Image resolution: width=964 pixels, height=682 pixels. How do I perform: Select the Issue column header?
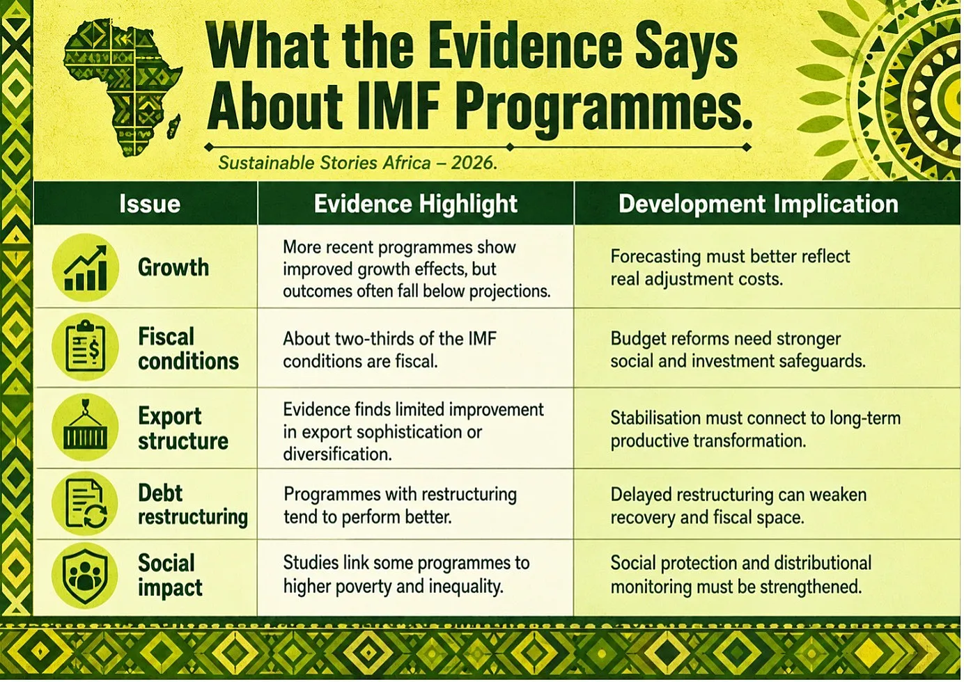[150, 203]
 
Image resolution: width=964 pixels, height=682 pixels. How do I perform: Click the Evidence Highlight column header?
[415, 203]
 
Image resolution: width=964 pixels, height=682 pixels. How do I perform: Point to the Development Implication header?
[759, 203]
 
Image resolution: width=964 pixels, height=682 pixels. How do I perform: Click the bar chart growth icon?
[85, 267]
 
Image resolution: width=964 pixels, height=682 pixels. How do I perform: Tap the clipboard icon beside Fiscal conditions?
[85, 347]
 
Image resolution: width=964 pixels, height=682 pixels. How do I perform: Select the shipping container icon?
[85, 427]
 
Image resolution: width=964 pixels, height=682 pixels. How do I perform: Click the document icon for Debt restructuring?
[85, 503]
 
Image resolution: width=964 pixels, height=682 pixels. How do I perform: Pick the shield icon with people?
[85, 575]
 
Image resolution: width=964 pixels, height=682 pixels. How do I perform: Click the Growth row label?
[173, 268]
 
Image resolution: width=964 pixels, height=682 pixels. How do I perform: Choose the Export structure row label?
[183, 429]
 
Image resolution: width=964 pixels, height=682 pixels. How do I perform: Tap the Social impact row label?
[170, 576]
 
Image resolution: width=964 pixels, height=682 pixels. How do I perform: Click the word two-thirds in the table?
[364, 339]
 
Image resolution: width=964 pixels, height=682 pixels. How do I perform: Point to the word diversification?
[337, 454]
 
